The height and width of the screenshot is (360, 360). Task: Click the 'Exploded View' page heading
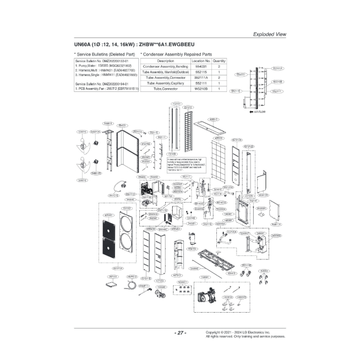tap(269, 34)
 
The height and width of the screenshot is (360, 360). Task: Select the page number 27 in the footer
tap(179, 333)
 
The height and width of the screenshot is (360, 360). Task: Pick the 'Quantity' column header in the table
tap(219, 61)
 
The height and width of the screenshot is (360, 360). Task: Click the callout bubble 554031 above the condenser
tap(123, 126)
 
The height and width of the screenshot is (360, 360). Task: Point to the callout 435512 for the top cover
tap(213, 119)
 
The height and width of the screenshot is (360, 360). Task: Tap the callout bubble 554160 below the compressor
tap(192, 249)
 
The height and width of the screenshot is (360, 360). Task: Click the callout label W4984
tap(264, 270)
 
